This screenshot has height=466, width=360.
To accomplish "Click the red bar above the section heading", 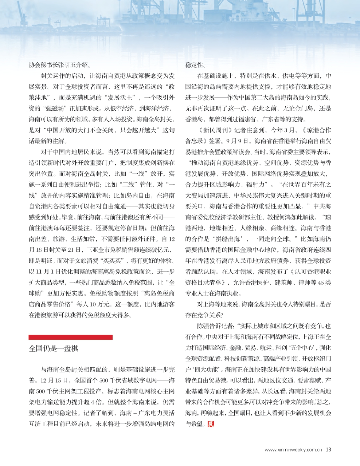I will (70, 337).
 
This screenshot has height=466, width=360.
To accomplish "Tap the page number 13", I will (328, 450).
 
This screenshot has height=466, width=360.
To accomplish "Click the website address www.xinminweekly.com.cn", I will (293, 450).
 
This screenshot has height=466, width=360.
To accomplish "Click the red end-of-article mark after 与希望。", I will (210, 424).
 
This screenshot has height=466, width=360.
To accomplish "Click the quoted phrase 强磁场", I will (54, 108).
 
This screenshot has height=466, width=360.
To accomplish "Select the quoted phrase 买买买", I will (113, 261).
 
